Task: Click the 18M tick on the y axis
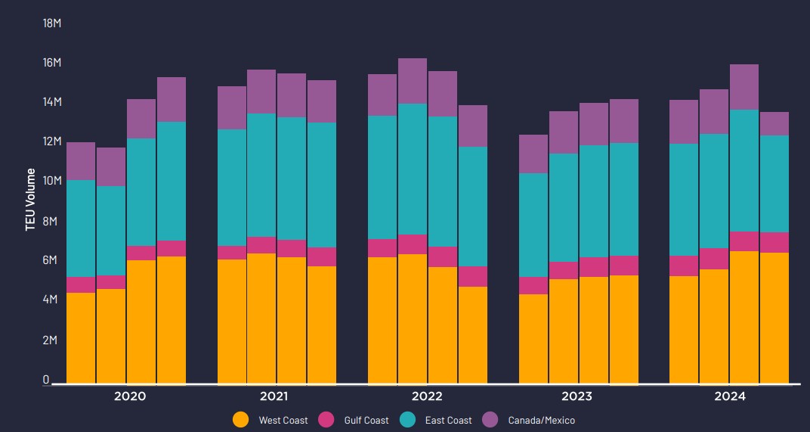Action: point(51,23)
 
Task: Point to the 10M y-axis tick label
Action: point(51,181)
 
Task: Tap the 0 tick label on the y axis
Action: point(45,380)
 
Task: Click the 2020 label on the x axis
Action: point(129,396)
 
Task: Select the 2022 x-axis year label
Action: point(427,396)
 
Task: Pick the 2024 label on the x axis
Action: point(729,396)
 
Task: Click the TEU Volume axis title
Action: point(31,200)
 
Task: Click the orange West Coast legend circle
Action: point(240,420)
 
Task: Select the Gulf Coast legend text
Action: point(366,420)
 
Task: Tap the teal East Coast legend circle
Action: point(407,420)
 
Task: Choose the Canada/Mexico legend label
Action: point(541,420)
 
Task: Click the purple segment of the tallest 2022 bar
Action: point(413,81)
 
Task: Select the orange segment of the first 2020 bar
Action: point(81,337)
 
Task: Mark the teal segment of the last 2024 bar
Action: point(774,184)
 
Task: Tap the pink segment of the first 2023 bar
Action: point(533,285)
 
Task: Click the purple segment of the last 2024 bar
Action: point(774,124)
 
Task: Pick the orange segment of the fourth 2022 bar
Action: point(472,334)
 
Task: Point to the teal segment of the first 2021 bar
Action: point(232,188)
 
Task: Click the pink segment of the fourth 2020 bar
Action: point(172,248)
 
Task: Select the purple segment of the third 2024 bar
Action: point(744,87)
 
